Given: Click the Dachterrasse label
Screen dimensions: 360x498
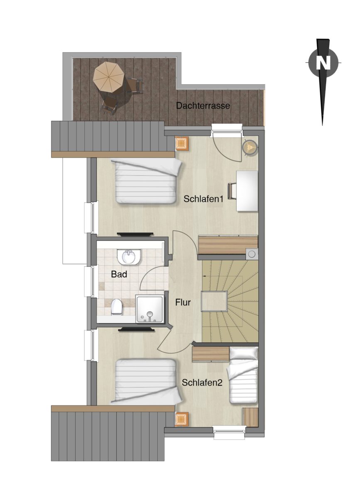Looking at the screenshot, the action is click(203, 105).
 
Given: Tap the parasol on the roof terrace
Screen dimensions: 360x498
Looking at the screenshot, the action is click(108, 77).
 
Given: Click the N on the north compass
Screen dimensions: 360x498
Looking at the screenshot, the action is click(323, 63).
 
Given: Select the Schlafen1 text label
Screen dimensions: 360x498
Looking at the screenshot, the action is click(203, 199).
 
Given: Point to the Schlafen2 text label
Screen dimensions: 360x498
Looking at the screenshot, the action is click(202, 382).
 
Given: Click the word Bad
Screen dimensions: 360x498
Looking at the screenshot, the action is click(119, 274).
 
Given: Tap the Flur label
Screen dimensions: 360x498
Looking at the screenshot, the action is click(183, 303).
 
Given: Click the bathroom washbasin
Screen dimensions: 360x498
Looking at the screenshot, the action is click(129, 257).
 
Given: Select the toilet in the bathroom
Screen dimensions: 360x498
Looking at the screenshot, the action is click(116, 307).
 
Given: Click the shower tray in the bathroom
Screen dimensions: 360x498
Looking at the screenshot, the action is click(151, 309).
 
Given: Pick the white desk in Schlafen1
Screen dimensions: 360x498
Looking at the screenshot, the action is click(247, 191).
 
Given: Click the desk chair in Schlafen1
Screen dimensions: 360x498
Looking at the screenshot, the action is click(231, 190).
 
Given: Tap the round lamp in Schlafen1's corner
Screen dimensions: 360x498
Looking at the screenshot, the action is click(250, 147).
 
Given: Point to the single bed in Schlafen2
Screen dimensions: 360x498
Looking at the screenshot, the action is click(243, 374).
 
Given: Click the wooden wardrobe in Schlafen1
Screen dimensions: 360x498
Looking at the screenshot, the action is click(228, 245).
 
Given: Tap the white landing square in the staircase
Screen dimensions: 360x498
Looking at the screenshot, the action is click(214, 301).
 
